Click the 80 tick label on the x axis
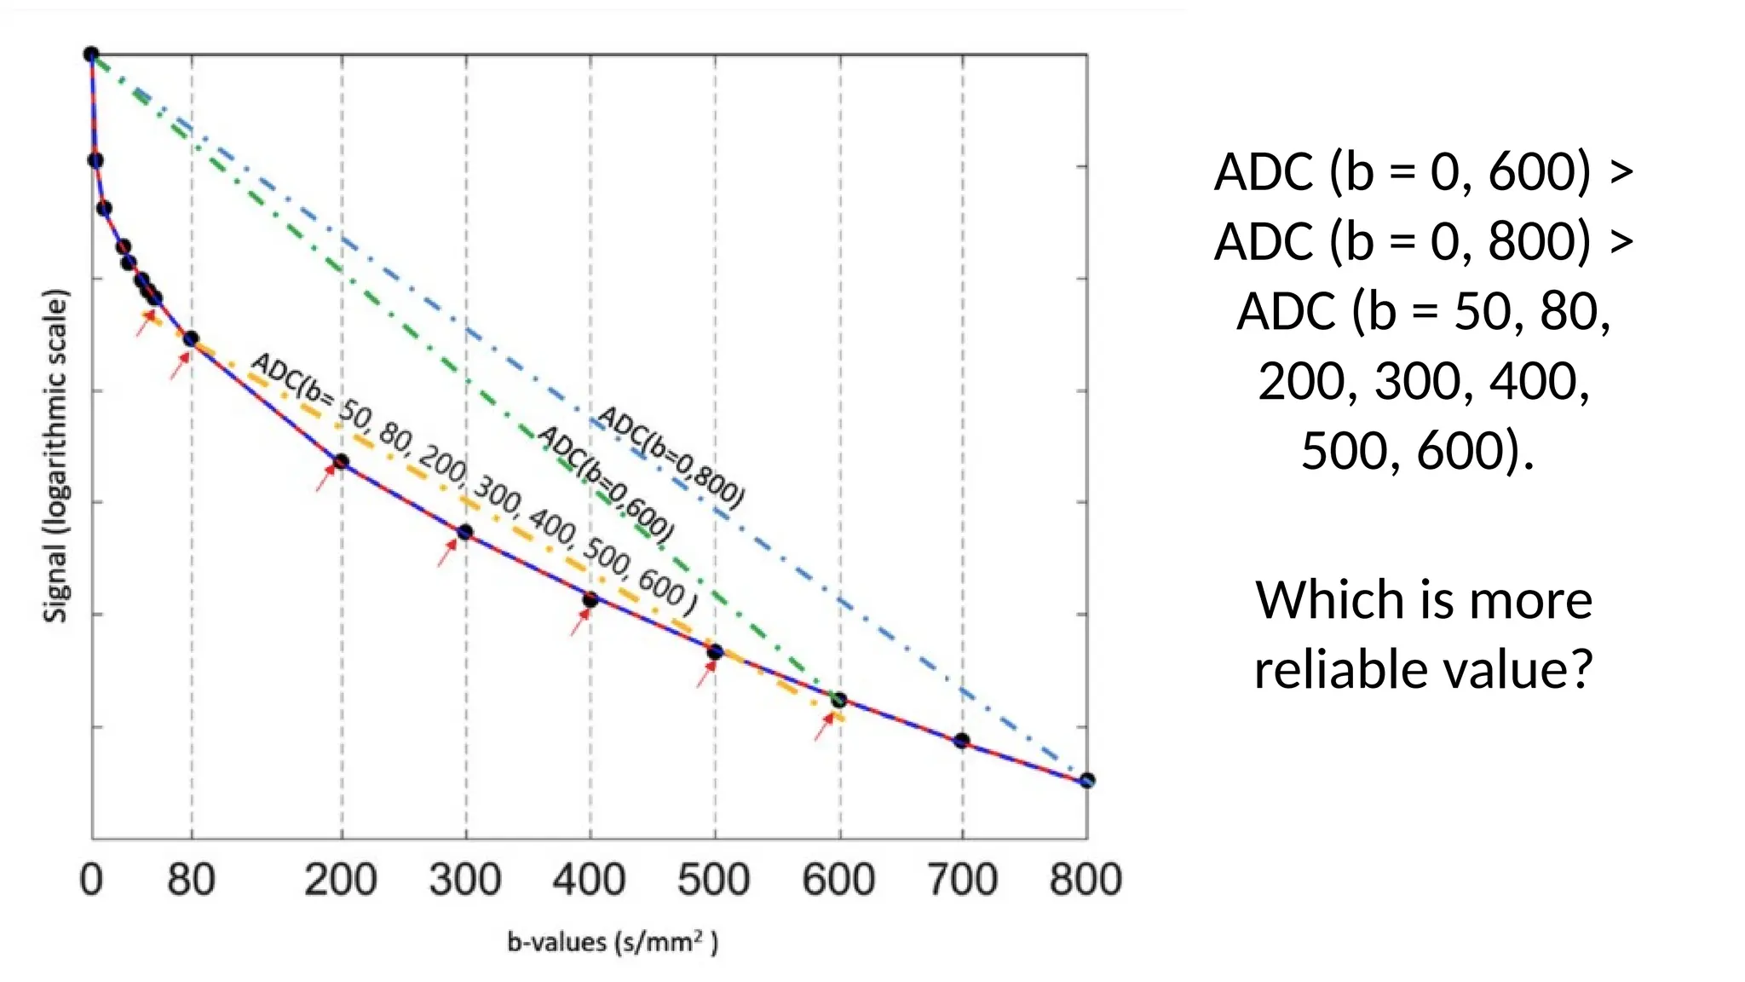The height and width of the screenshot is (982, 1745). point(191,880)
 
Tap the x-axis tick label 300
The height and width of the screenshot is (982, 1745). point(464,880)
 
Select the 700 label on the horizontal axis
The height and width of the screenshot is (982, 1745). point(962,880)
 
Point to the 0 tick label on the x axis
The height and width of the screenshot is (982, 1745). point(91,880)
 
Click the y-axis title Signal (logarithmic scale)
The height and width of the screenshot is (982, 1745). point(55,457)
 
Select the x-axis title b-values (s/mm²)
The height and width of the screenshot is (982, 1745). point(613,942)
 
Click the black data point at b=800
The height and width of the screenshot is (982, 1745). point(1086,780)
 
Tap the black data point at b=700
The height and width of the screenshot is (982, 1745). point(961,741)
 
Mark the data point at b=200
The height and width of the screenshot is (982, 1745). point(341,462)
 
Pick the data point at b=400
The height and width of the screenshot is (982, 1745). point(590,599)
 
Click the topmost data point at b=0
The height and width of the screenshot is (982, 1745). point(91,55)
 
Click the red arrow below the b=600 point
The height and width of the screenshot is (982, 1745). point(824,726)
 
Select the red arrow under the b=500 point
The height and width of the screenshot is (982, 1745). point(705,673)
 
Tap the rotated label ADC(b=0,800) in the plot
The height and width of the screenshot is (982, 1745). point(671,456)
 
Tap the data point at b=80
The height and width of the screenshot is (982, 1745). point(191,339)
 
